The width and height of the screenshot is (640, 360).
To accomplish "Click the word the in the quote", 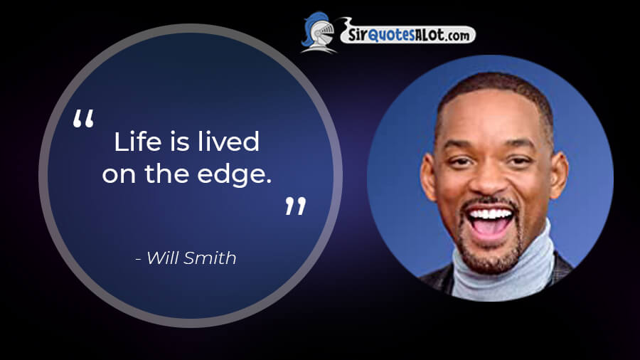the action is coord(166,174).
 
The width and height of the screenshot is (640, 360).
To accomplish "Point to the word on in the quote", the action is coord(119,176).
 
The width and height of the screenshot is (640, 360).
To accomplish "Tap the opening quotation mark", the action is coord(83,118).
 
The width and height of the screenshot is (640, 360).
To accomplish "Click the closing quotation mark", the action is coord(296,206).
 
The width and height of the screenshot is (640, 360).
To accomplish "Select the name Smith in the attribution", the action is coord(210,258).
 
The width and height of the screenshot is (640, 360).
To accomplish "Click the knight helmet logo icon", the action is coord(319,33).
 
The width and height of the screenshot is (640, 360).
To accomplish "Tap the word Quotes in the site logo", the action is coord(391,36).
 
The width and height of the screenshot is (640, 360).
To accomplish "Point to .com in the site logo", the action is coord(457,36).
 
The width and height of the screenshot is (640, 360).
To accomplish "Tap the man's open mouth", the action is coord(490,223).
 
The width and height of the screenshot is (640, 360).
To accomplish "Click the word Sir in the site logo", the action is coord(358,35).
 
